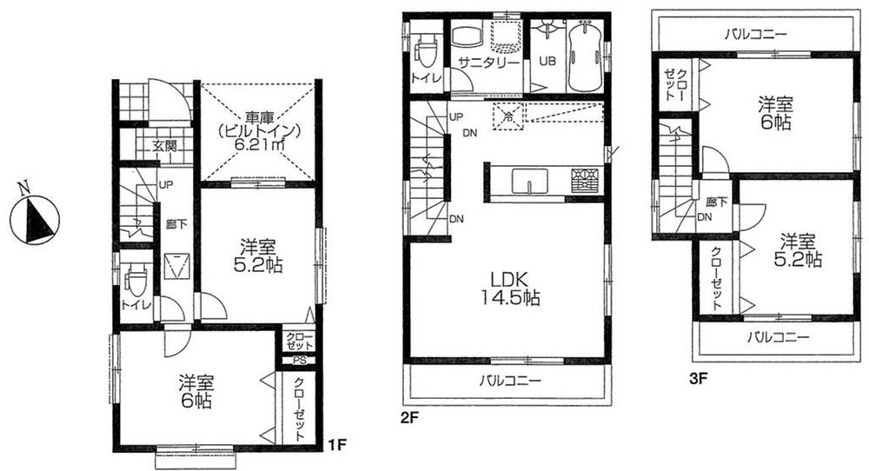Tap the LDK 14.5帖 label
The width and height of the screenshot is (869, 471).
(x=509, y=289)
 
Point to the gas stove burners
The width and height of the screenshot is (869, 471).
(x=584, y=181)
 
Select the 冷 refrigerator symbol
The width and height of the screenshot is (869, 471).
(x=507, y=113)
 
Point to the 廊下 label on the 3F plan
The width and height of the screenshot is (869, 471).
(x=716, y=202)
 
